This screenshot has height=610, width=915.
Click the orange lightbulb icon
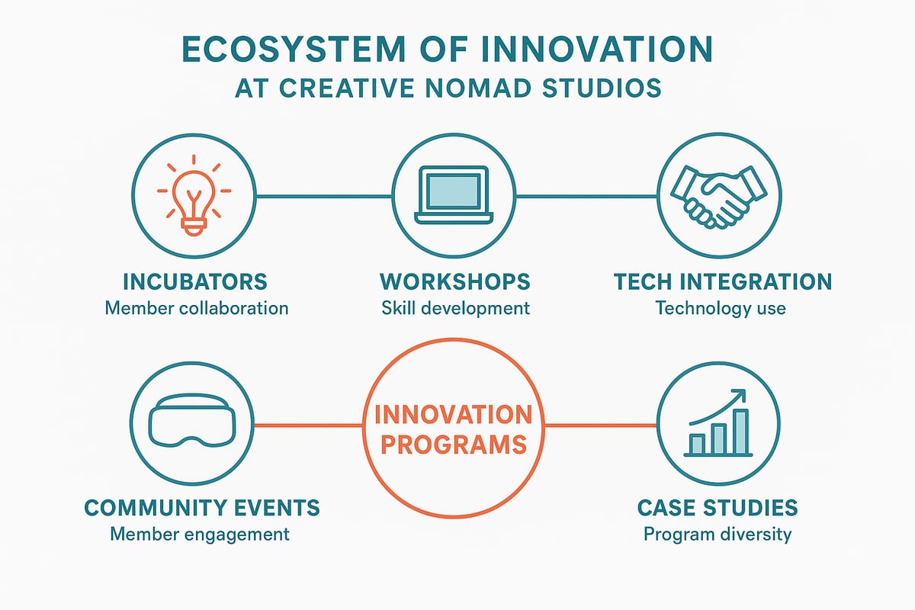click(194, 195)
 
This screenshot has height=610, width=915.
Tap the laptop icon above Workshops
click(454, 195)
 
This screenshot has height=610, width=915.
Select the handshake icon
click(718, 195)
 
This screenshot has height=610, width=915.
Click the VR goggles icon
click(191, 424)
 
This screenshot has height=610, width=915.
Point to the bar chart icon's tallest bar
click(740, 432)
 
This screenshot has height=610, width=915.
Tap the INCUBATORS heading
click(195, 281)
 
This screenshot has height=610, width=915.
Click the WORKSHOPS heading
click(454, 281)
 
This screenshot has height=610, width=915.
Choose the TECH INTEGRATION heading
click(722, 281)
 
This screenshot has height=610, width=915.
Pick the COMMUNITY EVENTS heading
click(202, 507)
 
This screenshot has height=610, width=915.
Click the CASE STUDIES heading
click(718, 507)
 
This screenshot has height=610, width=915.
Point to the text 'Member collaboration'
click(197, 308)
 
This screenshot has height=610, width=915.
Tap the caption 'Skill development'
click(454, 308)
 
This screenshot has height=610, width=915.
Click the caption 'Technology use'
click(721, 308)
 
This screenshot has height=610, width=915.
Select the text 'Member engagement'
click(200, 534)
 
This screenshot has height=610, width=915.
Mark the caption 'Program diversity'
click(718, 534)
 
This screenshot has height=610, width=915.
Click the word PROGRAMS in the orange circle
click(454, 444)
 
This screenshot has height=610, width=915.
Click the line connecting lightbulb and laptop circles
click(324, 196)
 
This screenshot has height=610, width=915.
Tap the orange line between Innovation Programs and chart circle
click(601, 425)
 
